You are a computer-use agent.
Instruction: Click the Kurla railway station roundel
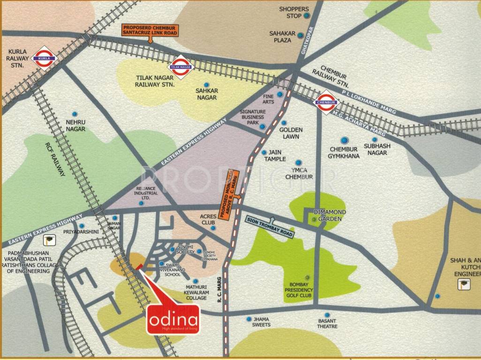44,58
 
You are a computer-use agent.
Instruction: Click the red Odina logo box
173,320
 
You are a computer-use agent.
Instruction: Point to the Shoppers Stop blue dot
307,16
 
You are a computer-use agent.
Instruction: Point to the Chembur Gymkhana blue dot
345,140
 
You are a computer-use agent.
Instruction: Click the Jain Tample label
275,156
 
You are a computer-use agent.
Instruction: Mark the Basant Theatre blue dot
327,315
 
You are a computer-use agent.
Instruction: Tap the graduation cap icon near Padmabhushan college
48,241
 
